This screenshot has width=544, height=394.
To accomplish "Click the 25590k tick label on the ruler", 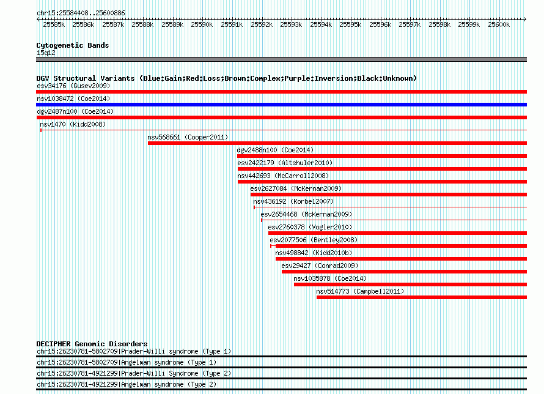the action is pos(202,24).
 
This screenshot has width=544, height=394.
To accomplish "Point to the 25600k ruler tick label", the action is pos(499,24).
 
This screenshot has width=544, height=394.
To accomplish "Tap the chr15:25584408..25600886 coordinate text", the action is pos(81,13).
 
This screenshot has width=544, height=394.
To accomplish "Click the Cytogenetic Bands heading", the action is pos(73,45).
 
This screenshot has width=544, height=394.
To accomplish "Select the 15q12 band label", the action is pos(46,53).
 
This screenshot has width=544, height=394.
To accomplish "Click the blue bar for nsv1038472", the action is pos(281,105).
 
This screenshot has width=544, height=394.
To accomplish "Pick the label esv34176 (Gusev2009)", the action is pos(73,86).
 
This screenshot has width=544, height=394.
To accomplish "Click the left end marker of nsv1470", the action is pos(41,130).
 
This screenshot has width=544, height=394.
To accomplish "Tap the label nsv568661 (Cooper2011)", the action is pos(188,137).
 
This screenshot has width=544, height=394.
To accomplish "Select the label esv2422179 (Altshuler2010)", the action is pos(285,163).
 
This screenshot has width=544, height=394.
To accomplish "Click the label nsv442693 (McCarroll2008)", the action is pos(283,176).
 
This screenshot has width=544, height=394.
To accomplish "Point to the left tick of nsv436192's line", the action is pos(254,207).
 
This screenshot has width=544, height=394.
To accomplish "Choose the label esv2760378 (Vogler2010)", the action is pos(310,227).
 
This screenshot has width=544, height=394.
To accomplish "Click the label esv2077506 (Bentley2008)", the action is pos(314,240).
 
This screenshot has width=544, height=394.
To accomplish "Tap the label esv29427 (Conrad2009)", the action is pos(320,266).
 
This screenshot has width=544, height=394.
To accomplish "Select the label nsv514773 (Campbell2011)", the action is pos(360,291).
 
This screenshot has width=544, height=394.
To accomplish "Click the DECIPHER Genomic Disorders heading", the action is pos(92,344).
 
